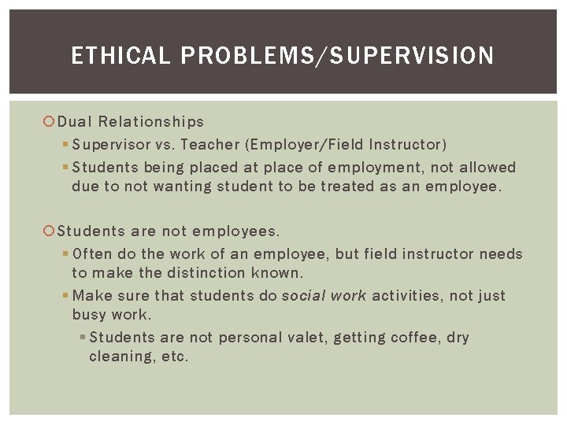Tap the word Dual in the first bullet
point(73,122)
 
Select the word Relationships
point(150,122)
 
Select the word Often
point(92,254)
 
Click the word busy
point(88,315)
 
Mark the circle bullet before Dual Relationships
point(50,122)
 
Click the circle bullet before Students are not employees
point(50,231)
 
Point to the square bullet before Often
point(65,254)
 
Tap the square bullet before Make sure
point(65,296)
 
